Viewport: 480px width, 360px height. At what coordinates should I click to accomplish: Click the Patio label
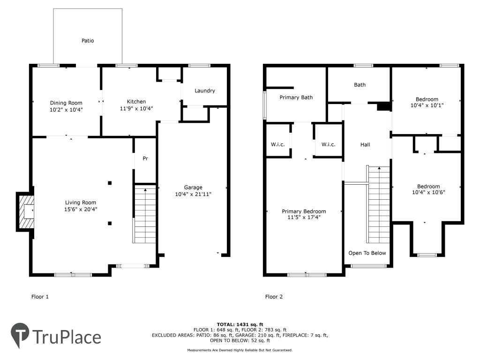(x=88, y=41)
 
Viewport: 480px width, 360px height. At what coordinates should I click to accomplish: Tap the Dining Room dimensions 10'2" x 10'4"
(x=66, y=110)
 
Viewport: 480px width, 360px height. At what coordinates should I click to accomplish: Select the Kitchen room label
(x=136, y=102)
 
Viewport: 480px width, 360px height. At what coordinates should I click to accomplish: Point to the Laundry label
(x=205, y=90)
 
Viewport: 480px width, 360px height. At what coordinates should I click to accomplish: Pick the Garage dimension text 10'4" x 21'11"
(x=193, y=194)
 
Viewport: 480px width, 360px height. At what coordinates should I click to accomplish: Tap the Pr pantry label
(x=145, y=158)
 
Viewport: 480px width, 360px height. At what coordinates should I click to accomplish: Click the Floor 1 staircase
(x=145, y=216)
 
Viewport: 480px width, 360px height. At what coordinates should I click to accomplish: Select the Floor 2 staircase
(x=379, y=204)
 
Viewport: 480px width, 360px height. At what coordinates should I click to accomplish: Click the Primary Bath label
(x=296, y=97)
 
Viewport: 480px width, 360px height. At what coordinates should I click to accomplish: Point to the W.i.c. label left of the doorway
(x=277, y=144)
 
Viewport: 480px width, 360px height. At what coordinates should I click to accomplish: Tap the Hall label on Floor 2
(x=365, y=144)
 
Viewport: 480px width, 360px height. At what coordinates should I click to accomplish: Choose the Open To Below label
(x=367, y=253)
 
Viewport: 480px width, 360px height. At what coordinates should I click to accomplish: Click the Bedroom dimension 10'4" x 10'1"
(x=427, y=105)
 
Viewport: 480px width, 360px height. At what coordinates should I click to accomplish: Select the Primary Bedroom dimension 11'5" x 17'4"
(x=304, y=217)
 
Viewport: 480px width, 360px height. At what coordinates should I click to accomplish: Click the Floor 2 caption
(x=274, y=297)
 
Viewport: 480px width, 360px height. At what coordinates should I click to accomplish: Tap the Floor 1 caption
(x=40, y=297)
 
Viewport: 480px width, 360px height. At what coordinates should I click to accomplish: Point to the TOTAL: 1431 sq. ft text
(x=240, y=324)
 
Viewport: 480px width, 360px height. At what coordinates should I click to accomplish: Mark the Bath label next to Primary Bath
(x=360, y=85)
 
